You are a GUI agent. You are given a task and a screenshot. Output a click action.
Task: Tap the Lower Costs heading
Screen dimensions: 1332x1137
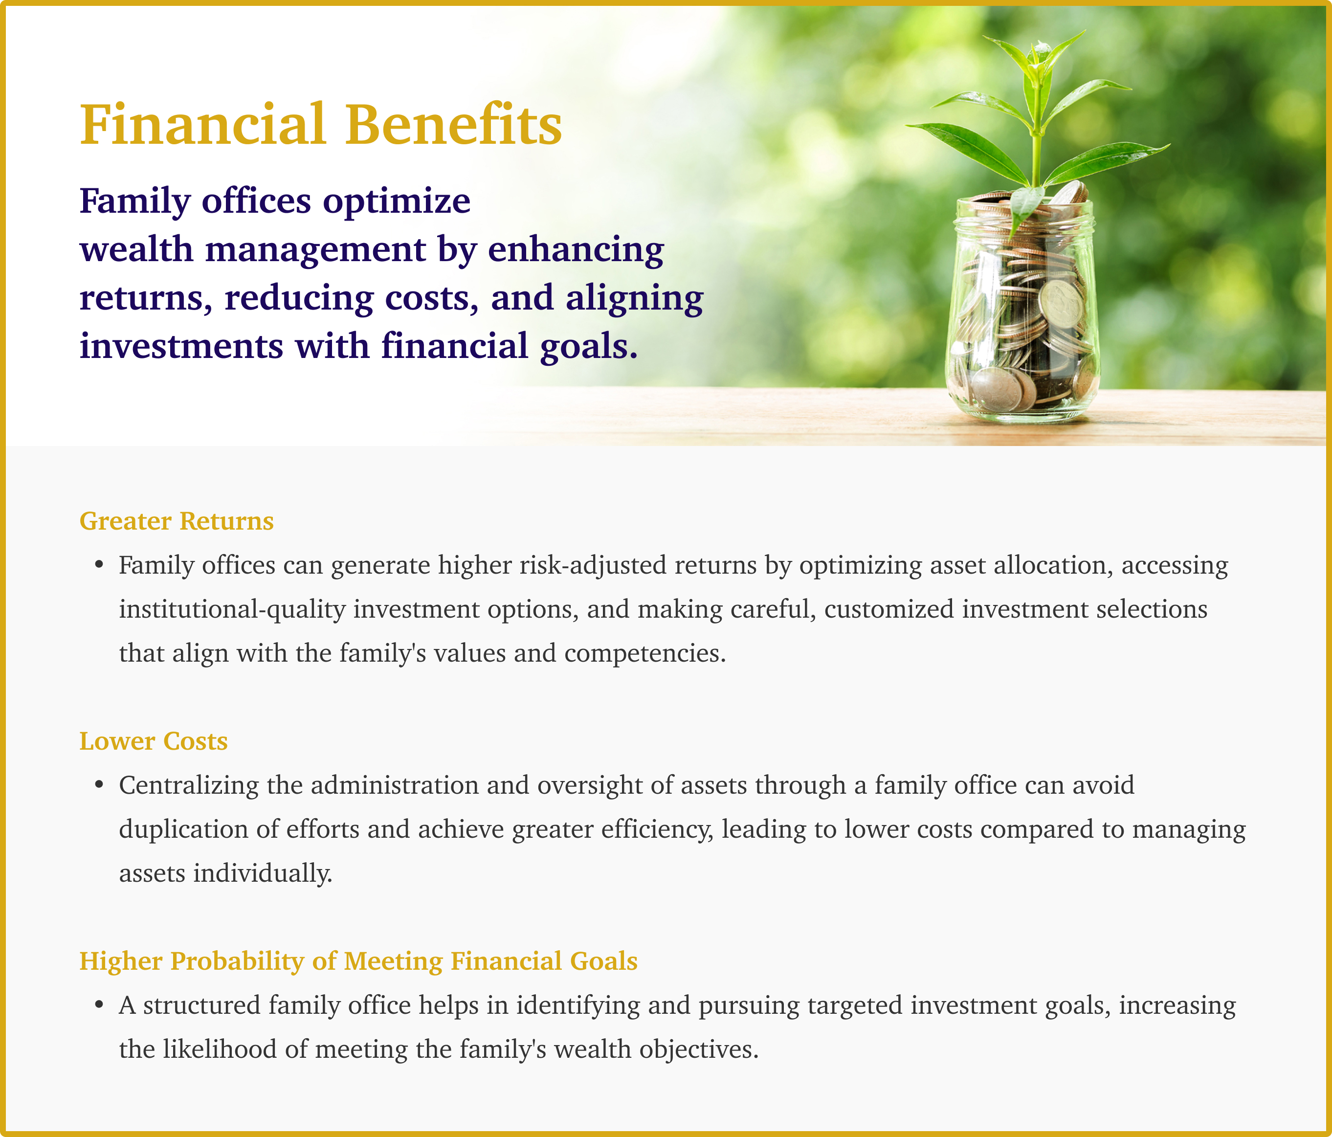point(154,741)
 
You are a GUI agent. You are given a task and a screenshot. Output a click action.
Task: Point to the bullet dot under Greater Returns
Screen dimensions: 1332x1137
point(99,565)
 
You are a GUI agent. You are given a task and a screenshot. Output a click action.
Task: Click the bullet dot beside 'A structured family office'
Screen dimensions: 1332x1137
point(99,1004)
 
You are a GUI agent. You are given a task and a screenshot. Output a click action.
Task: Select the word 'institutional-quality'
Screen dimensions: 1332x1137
point(232,609)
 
